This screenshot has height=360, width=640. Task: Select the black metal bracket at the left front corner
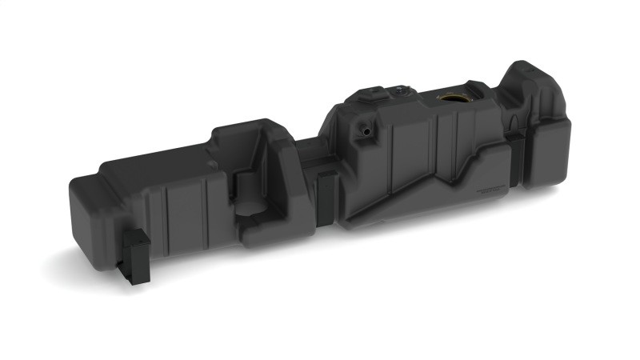pos(135,255)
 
